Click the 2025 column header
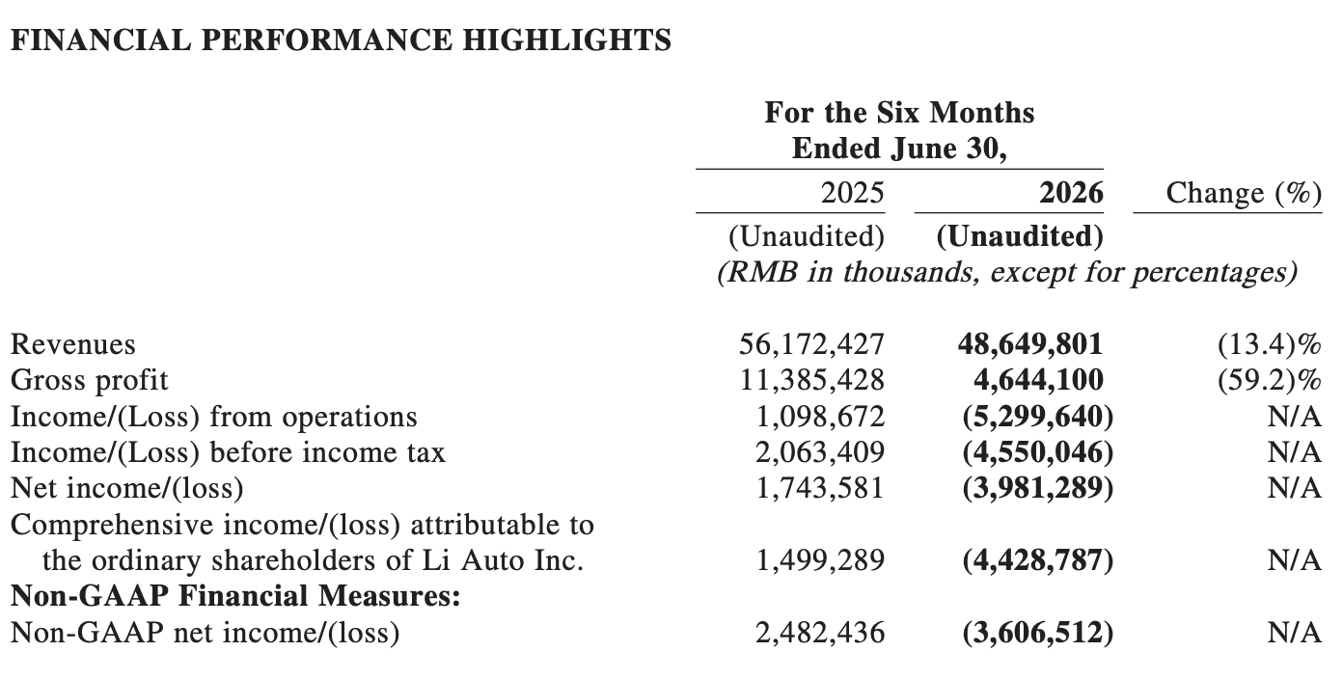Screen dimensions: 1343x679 (852, 193)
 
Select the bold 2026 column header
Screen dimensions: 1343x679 (1071, 193)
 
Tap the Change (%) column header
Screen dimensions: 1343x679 (1244, 194)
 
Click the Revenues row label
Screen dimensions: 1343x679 (73, 344)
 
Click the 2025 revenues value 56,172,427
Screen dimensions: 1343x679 (811, 344)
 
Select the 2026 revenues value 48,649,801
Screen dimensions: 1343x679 (1030, 344)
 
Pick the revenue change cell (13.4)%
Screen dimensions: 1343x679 (1270, 344)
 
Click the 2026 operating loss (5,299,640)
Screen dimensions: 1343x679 (1038, 417)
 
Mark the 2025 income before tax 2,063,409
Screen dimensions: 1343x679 (819, 452)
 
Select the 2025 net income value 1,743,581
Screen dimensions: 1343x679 (820, 488)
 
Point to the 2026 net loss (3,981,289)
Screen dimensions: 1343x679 (1038, 488)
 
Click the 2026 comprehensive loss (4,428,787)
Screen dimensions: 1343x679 (1038, 560)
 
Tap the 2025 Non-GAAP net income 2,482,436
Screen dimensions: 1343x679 (819, 633)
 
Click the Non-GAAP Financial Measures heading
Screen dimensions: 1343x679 (235, 596)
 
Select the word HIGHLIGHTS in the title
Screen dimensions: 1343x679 (567, 41)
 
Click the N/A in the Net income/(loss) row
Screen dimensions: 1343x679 (1294, 488)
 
